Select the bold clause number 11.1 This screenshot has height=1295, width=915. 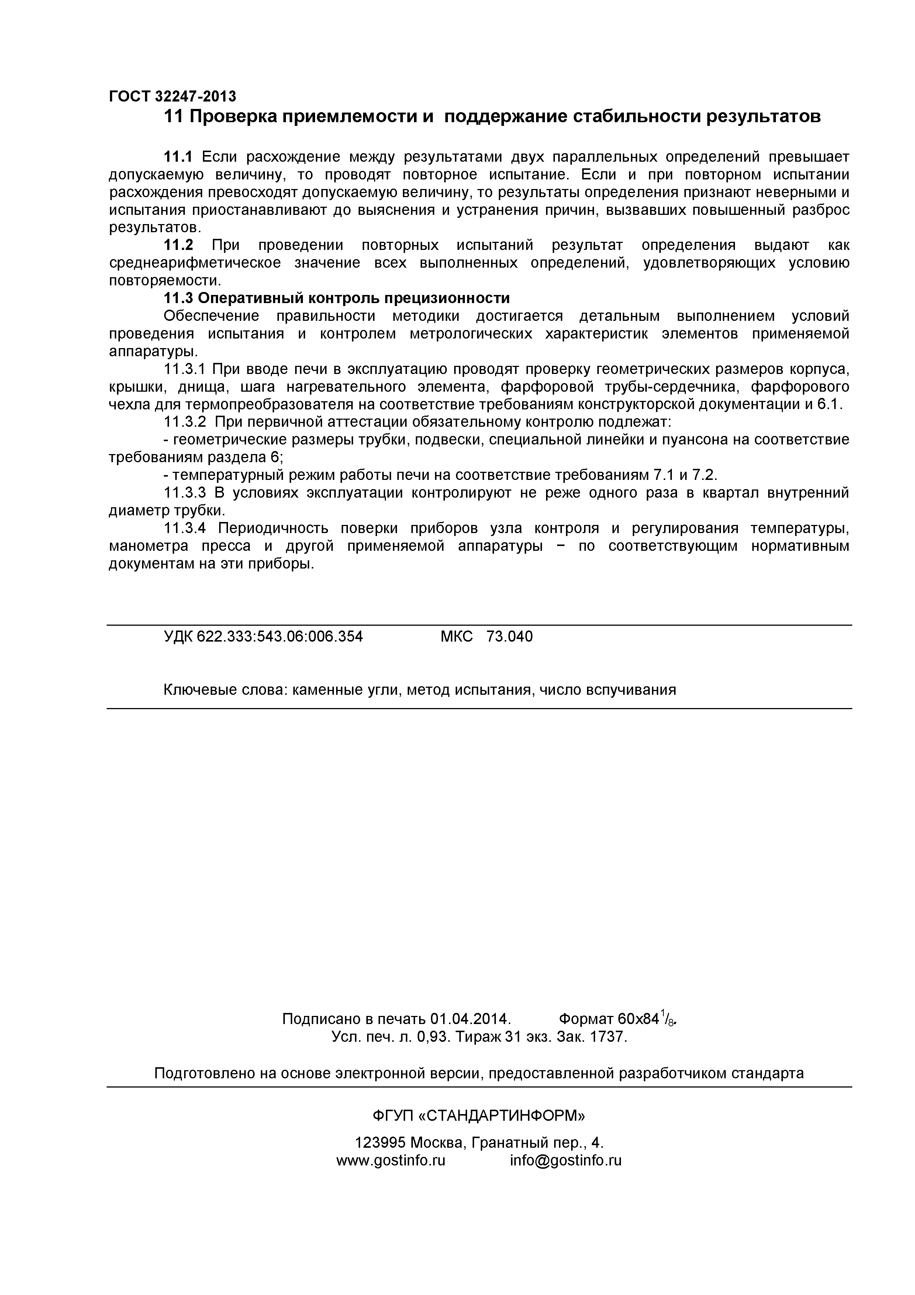(x=178, y=156)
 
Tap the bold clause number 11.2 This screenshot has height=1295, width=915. (x=178, y=245)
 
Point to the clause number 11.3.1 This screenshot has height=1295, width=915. (x=185, y=370)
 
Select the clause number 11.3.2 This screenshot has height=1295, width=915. (x=185, y=422)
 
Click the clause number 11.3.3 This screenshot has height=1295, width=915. (x=185, y=493)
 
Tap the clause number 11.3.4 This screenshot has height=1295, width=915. (x=185, y=529)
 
